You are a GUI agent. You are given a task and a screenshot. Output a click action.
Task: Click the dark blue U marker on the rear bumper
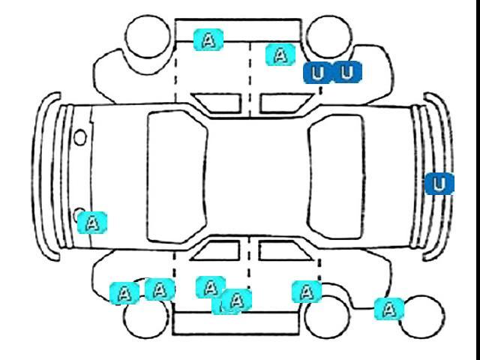pos(439,184)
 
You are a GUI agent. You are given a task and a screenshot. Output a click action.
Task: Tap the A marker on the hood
pos(92,223)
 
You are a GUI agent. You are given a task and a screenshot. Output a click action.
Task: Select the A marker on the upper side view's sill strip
pos(208,40)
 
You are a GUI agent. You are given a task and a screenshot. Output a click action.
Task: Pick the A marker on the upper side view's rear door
pos(280,55)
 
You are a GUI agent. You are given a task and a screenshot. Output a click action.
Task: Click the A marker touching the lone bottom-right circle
pos(389,309)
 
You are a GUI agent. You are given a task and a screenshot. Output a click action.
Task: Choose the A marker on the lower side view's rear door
pos(307,292)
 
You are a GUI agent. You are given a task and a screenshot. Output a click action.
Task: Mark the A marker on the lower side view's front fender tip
pos(124,293)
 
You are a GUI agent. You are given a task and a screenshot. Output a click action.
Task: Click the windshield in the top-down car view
pos(177,177)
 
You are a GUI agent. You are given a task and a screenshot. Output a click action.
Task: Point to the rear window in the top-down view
pos(337,177)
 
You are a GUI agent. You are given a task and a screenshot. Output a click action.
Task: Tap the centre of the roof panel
pos(258,177)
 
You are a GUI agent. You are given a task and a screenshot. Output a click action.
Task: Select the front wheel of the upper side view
pos(148,36)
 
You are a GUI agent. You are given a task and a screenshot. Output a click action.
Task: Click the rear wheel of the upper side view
pos(329,37)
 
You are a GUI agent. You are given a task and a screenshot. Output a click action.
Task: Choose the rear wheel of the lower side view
pos(328,316)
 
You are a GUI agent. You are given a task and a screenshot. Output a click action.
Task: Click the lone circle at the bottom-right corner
pos(421,316)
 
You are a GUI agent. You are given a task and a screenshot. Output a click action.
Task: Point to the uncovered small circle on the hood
pos(80,137)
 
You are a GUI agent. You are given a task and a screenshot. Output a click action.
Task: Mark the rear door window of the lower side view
pos(284,250)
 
